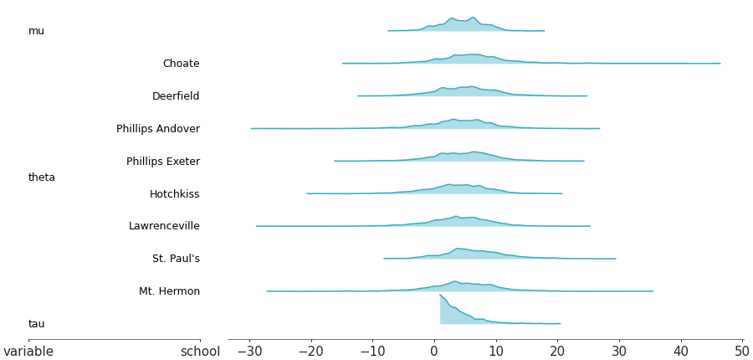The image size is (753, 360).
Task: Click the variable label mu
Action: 36,31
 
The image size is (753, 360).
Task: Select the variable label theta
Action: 42,177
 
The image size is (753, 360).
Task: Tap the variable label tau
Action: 37,324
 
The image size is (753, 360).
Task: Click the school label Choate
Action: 181,64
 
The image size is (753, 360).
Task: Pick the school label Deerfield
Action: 176,96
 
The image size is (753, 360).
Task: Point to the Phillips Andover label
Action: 158,129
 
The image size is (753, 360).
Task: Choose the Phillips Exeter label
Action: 163,162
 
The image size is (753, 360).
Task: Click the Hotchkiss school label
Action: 174,194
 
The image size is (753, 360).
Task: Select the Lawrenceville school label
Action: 164,226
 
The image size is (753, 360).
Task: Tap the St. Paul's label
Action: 176,259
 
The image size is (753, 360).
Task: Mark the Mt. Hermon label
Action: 169,291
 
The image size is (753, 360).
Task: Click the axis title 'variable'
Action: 28,352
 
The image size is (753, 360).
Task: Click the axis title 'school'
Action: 200,352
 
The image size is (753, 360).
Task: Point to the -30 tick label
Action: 248,352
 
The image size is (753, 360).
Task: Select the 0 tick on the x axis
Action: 434,352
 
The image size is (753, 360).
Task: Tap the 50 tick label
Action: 742,352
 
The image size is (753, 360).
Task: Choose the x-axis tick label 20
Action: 557,352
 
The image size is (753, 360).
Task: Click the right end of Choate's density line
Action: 720,63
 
